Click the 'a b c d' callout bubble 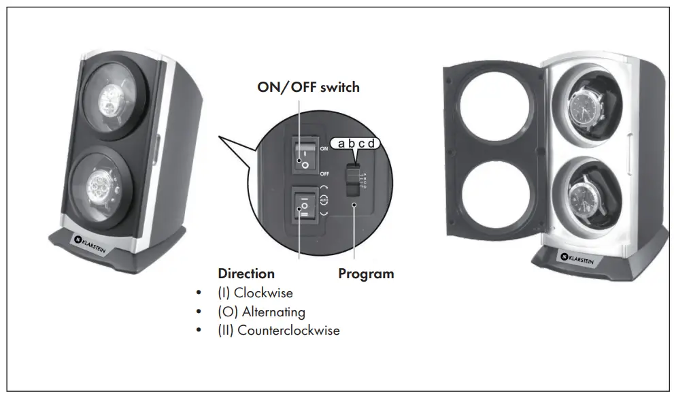point(356,144)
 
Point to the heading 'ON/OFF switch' point(308,87)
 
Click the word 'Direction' point(246,273)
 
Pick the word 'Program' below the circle point(366,273)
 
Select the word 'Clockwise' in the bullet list point(267,293)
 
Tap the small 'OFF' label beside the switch point(324,173)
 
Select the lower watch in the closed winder point(109,186)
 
